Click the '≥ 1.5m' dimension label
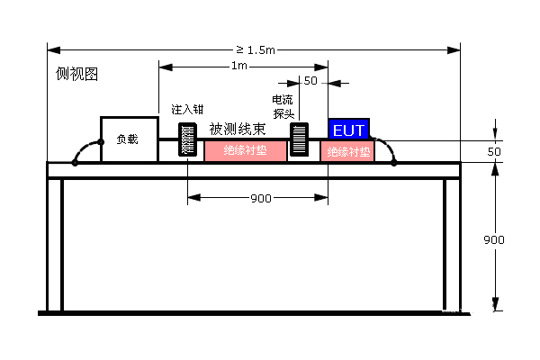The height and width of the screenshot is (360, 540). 255,48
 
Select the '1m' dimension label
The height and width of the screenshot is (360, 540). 239,67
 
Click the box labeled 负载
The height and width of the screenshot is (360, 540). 128,139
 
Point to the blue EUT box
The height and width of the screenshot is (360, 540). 348,130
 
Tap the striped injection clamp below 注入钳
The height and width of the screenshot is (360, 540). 188,139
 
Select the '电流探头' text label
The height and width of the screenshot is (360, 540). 283,106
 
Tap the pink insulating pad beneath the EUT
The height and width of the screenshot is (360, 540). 347,151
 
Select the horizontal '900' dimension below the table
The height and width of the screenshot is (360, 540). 261,198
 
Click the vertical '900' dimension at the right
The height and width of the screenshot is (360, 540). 493,240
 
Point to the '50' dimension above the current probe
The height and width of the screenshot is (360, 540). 310,81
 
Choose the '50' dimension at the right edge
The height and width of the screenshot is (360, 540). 493,152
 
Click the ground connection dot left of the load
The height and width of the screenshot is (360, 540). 76,164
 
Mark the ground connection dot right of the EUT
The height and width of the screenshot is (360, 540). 394,164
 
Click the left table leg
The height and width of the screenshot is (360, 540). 54,243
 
